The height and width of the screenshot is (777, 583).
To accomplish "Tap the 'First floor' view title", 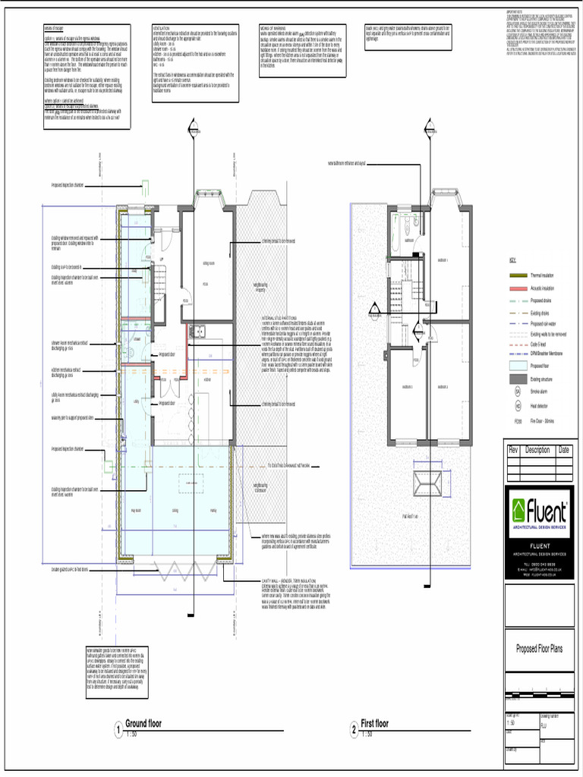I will pyautogui.click(x=374, y=723).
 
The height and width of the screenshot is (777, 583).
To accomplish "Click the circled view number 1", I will pyautogui.click(x=118, y=731).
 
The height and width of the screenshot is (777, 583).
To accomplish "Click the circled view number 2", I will pyautogui.click(x=354, y=731).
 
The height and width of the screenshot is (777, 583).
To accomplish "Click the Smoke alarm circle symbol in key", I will pyautogui.click(x=518, y=392).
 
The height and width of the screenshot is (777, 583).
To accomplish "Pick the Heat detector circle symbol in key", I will pyautogui.click(x=518, y=406).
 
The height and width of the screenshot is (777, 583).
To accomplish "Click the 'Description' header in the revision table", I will pyautogui.click(x=537, y=450).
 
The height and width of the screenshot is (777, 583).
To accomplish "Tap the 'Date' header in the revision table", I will pyautogui.click(x=564, y=450).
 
